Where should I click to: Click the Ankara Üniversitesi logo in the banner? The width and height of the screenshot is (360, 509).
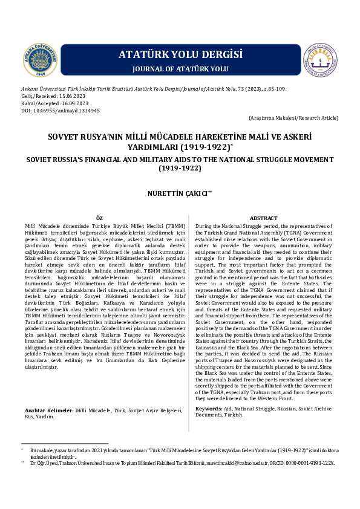tap(41, 62)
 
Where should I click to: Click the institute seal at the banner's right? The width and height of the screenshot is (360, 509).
tap(319, 62)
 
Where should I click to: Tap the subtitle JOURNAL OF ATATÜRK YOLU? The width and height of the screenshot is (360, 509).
tap(180, 70)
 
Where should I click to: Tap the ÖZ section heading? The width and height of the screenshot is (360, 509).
tap(100, 218)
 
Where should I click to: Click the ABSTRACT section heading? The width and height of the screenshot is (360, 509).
tap(264, 218)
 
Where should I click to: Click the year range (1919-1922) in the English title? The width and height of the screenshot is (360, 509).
tap(180, 168)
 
